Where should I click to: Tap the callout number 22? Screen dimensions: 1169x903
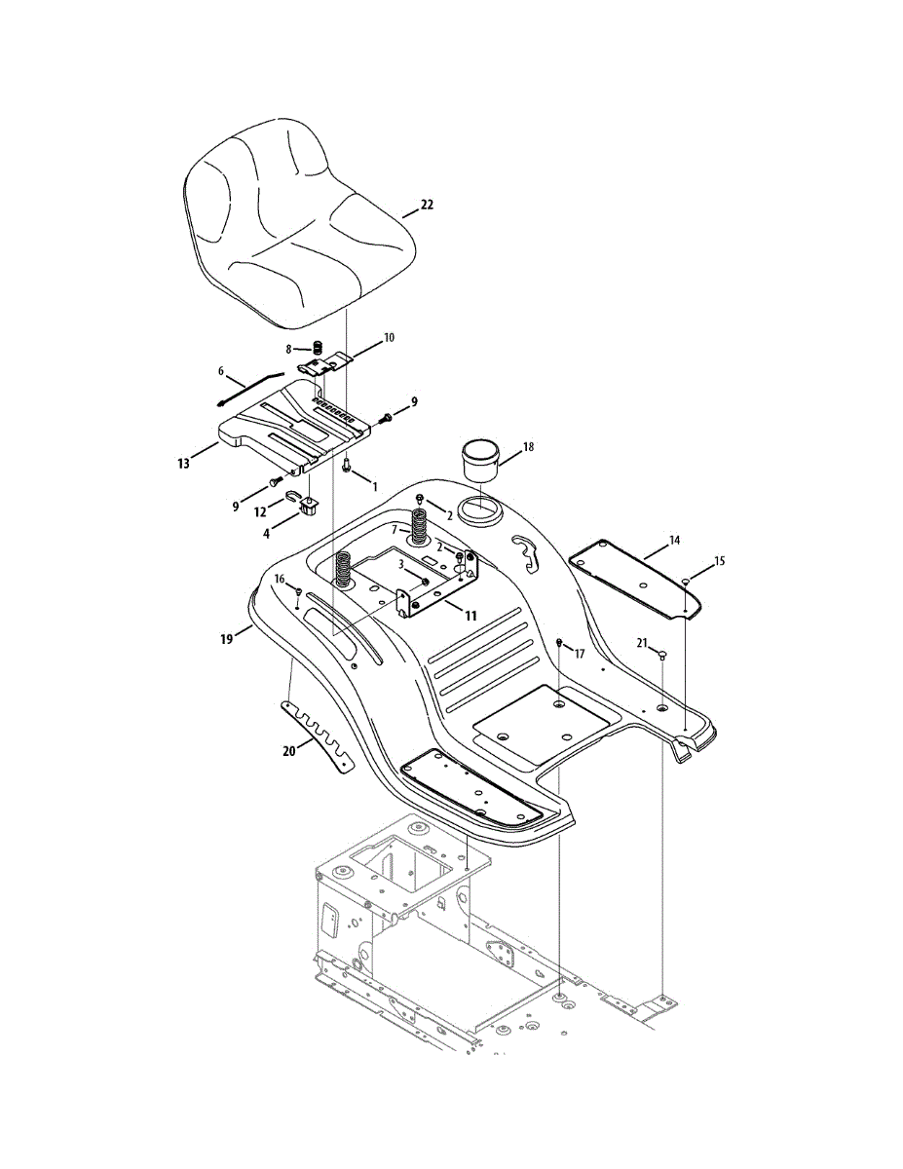click(x=427, y=206)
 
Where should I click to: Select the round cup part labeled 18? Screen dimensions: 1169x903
click(x=479, y=457)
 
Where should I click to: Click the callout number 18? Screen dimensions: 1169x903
click(x=528, y=447)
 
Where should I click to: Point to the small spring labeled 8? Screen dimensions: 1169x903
click(x=318, y=348)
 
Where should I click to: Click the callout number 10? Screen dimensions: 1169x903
click(x=389, y=338)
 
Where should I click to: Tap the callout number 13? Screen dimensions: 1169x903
click(x=184, y=464)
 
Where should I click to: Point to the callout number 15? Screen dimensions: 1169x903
click(x=720, y=561)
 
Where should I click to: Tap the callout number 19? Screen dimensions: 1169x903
click(x=227, y=639)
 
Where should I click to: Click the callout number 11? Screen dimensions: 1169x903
click(x=470, y=616)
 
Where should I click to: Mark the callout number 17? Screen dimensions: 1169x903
click(x=580, y=655)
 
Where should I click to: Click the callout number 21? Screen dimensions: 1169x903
click(x=642, y=642)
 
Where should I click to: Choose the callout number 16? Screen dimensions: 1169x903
click(x=280, y=579)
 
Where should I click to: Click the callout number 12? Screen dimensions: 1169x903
click(x=260, y=511)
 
